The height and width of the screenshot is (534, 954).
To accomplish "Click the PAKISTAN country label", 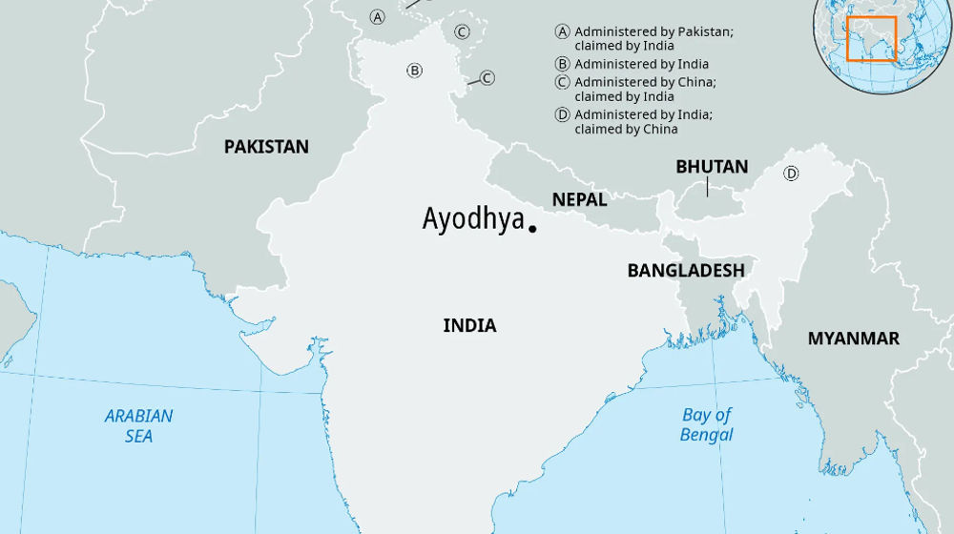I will (x=266, y=147).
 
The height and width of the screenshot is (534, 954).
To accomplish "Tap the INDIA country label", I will (x=469, y=326).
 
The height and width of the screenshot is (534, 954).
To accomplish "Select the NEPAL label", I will (x=579, y=200).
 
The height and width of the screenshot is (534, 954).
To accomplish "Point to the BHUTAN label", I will (x=712, y=167).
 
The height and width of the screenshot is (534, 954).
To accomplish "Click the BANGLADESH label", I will (x=685, y=271).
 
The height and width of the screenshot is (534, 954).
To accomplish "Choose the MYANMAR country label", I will (x=853, y=339).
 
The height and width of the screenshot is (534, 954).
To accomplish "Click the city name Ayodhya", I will (x=473, y=219).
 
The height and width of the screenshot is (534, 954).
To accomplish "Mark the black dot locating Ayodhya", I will (x=532, y=229).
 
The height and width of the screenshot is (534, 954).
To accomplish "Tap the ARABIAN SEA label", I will (x=139, y=425).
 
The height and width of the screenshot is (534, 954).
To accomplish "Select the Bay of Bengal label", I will (x=707, y=424).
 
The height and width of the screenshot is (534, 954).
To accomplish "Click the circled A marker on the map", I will (x=378, y=17).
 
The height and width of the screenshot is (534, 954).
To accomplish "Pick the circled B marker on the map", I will (x=414, y=70).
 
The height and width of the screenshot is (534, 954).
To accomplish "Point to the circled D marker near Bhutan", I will (x=791, y=174).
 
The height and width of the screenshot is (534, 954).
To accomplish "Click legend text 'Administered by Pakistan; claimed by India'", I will (x=653, y=38).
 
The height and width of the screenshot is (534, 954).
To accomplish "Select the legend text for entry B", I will (x=641, y=64).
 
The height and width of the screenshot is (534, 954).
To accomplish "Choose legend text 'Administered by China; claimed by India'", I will (x=645, y=89).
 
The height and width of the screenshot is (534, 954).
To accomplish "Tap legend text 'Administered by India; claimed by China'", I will (x=643, y=121).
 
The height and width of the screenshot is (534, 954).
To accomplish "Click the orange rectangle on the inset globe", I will (x=872, y=39).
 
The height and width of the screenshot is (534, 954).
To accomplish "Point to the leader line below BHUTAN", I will (x=707, y=186).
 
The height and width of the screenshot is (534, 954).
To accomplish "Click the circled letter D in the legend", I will (x=563, y=115).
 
